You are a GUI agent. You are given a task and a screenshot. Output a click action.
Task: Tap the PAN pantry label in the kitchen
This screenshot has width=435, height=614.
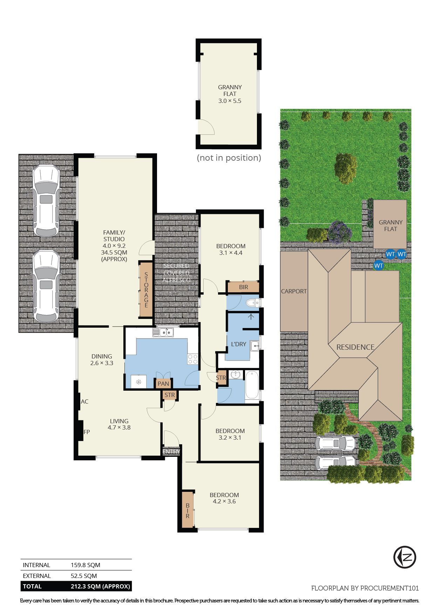point(163,384)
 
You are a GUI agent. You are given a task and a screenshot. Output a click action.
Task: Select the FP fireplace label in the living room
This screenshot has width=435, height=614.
point(87,432)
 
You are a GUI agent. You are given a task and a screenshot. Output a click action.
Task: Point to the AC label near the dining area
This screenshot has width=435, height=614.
point(84,402)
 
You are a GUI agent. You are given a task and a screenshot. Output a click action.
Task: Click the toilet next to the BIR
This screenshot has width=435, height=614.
point(252,303)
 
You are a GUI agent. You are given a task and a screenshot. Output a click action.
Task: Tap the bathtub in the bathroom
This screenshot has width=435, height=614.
point(252,385)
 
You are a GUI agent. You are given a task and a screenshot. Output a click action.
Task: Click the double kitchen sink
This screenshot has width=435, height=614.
point(163,332)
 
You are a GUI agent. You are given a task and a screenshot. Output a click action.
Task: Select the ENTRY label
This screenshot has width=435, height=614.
point(171,452)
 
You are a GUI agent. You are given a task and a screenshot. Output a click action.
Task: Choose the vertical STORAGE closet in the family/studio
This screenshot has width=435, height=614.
point(146,290)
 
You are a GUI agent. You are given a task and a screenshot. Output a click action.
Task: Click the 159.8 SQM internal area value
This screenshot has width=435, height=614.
point(86,565)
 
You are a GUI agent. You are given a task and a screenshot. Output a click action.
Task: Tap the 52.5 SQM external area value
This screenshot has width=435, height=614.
point(84,576)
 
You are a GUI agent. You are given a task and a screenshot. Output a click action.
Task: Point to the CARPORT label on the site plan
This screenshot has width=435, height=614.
point(294,291)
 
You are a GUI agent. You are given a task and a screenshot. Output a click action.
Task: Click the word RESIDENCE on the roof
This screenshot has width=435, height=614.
point(355,347)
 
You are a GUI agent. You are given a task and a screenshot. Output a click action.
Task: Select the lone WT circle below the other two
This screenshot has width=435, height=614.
point(379,266)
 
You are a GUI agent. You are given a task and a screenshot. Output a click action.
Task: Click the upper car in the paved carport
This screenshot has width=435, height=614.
point(46,201)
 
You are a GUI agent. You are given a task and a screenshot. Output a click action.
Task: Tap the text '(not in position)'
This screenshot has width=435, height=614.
point(229,158)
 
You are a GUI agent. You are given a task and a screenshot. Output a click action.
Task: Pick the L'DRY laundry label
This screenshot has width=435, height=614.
point(238,344)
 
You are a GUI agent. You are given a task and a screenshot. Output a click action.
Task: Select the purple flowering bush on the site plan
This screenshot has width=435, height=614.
point(339,232)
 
